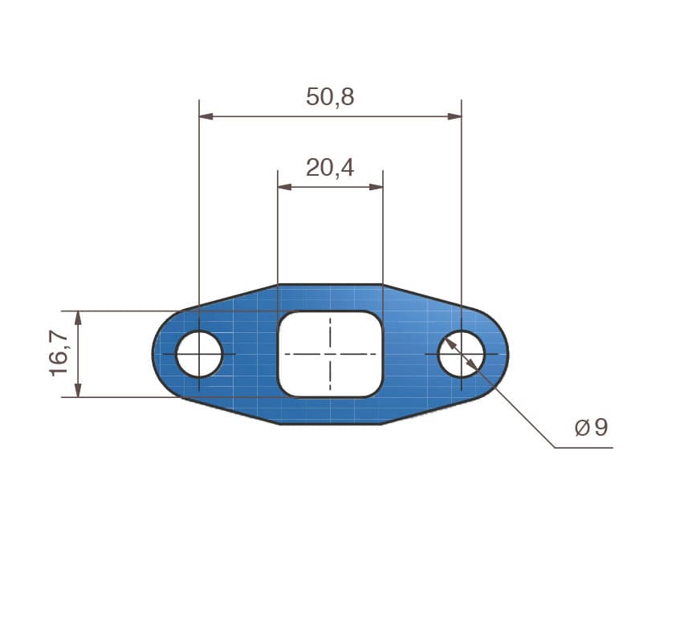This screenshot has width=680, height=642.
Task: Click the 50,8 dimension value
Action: (330, 97)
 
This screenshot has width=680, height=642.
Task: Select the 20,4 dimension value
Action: (330, 167)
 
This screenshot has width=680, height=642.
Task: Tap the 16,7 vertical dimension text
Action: (60, 354)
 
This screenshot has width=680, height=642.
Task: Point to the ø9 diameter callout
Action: (591, 428)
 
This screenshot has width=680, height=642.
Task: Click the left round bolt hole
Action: (199, 354)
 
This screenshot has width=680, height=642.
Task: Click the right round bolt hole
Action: (461, 354)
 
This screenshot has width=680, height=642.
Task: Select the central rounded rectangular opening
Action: (330, 354)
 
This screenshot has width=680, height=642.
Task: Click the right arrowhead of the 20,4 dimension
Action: (377, 187)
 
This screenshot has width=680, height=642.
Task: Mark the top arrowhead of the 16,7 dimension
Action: (78, 317)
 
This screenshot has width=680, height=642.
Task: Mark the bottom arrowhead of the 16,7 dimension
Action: (78, 391)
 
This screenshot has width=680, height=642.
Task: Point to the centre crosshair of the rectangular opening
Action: (330, 354)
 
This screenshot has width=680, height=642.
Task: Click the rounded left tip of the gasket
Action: (156, 354)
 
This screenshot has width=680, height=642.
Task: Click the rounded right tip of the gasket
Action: (506, 354)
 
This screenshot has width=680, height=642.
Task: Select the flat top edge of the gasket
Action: (330, 285)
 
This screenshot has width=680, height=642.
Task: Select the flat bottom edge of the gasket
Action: (330, 423)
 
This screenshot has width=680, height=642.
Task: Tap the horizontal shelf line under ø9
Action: (584, 447)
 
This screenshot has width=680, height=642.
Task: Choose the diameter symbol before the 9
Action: (582, 428)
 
